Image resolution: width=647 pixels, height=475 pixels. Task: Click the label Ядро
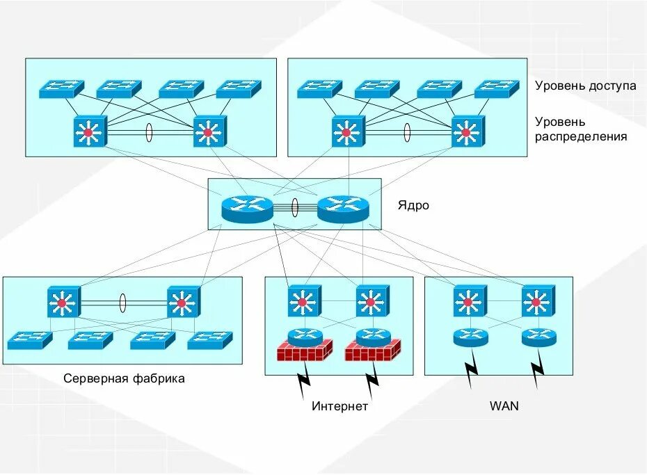point(413,206)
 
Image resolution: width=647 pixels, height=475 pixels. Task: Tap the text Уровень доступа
point(585,86)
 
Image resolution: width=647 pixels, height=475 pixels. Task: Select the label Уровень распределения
point(580,129)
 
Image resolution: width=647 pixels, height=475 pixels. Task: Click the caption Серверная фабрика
point(124,379)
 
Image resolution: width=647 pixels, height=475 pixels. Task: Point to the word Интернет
point(340,407)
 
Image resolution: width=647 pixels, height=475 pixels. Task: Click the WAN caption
point(504,406)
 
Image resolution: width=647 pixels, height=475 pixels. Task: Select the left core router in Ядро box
point(247,207)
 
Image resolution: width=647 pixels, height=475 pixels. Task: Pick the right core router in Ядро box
point(342,207)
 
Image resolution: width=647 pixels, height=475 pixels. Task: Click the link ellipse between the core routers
point(295,207)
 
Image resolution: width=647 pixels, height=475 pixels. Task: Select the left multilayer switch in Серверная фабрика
point(64,303)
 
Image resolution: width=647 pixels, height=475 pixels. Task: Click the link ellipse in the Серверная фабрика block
point(123,303)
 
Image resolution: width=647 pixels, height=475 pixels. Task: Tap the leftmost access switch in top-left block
point(61,88)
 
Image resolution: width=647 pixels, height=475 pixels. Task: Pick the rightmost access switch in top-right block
point(497,88)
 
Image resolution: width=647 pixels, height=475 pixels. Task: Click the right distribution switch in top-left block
point(209,131)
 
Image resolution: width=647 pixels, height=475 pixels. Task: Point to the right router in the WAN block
point(539,337)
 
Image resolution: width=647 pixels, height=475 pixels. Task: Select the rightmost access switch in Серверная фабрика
point(209,339)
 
